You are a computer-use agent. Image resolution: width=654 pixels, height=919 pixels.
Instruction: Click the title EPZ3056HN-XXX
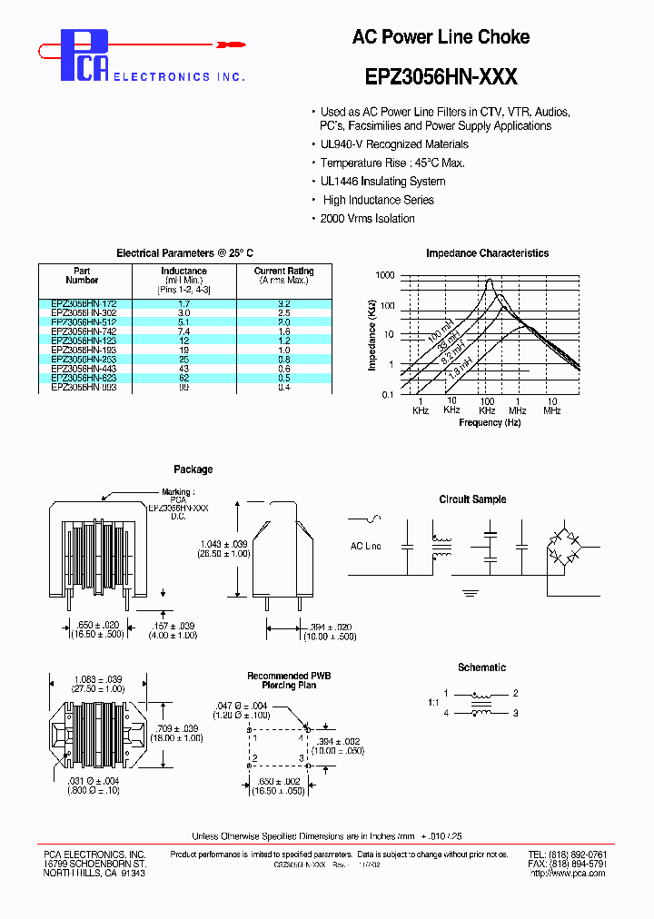(441, 78)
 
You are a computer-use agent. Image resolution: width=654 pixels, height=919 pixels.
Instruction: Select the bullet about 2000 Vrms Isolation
(367, 219)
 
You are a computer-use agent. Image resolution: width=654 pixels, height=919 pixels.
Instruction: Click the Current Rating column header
(283, 275)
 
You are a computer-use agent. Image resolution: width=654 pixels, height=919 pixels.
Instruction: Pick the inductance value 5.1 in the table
(183, 321)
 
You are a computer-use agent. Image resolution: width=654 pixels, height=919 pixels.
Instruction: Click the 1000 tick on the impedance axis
(385, 275)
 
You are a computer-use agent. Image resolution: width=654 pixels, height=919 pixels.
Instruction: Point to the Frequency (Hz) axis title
(490, 422)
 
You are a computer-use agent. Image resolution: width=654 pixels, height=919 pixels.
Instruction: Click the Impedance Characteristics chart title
(487, 253)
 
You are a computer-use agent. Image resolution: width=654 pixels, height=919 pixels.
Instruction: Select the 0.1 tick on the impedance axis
(386, 393)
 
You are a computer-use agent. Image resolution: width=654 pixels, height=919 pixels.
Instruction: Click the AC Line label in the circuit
(365, 546)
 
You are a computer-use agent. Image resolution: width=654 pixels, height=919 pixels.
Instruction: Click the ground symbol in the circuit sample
(470, 592)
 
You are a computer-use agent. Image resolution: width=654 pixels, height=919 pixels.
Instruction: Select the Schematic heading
(481, 667)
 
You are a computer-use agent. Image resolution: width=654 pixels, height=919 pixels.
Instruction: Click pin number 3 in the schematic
(515, 714)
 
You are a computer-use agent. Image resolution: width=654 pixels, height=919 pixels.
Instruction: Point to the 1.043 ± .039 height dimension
(223, 543)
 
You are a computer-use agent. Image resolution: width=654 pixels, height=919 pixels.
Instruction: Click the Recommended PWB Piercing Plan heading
(290, 681)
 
